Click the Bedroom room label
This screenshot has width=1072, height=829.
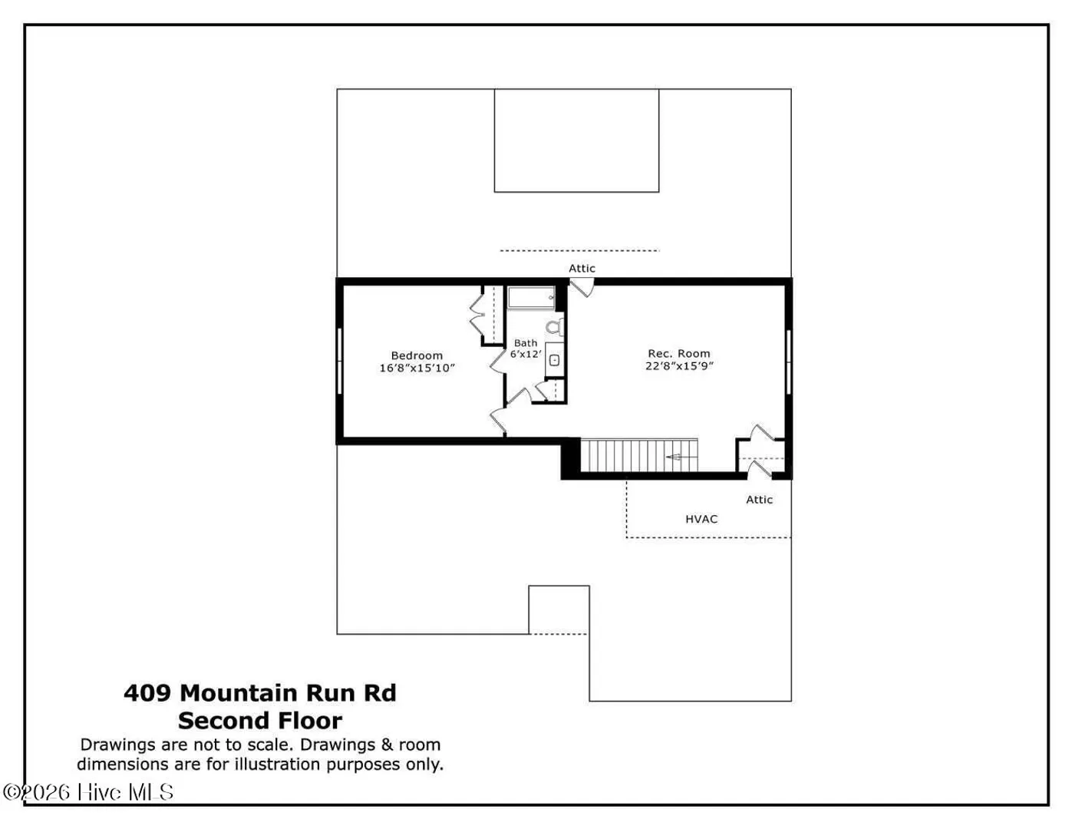(417, 355)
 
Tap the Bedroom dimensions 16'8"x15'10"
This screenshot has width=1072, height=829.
(417, 368)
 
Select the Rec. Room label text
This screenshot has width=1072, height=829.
(679, 353)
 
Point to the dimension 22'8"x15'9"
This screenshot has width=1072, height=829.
(679, 365)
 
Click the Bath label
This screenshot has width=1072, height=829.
(526, 342)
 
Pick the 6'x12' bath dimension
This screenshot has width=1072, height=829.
(526, 354)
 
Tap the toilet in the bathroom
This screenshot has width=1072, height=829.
(554, 326)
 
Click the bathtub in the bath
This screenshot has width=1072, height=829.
(531, 298)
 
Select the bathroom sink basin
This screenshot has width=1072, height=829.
(554, 361)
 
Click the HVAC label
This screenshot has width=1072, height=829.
(701, 519)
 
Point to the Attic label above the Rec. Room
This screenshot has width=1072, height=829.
(582, 269)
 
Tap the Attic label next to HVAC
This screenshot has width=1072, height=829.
(759, 500)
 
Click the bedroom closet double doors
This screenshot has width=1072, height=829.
(477, 315)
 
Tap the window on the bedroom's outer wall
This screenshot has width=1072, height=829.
(340, 362)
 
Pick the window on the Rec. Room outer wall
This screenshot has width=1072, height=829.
(788, 362)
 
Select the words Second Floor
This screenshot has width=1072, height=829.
(260, 721)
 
